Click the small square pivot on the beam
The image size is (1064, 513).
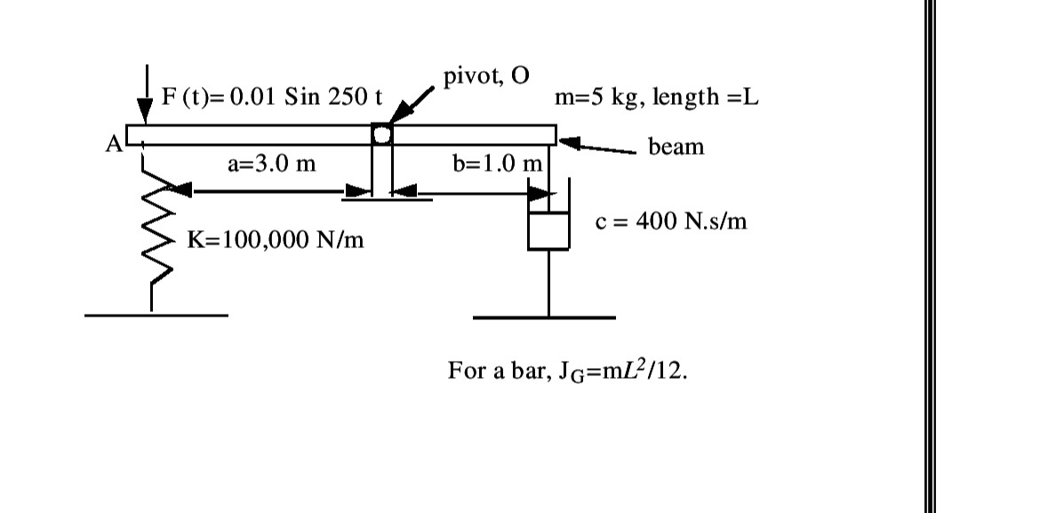click(380, 134)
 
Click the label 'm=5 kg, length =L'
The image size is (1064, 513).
click(656, 97)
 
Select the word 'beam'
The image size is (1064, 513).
click(676, 147)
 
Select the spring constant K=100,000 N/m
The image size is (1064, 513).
click(276, 239)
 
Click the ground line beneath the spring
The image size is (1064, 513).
click(156, 315)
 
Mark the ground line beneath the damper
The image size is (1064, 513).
click(544, 317)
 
